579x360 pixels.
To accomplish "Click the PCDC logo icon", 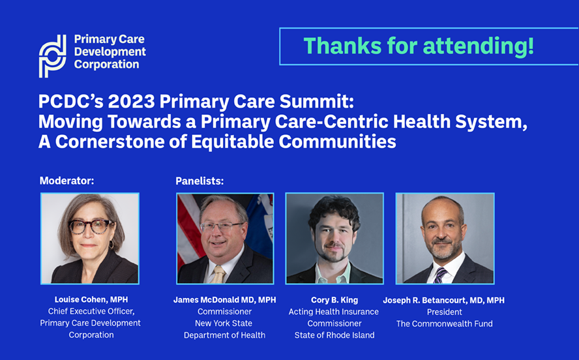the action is (53, 55).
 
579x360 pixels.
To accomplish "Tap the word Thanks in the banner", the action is (342, 46).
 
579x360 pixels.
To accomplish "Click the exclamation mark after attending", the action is (531, 46).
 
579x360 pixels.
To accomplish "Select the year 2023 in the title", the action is (131, 101).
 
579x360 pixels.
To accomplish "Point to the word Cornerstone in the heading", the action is (110, 142).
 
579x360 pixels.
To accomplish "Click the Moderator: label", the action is (67, 181).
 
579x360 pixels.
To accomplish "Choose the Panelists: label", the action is (200, 181).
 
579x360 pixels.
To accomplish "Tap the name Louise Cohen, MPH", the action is (91, 299).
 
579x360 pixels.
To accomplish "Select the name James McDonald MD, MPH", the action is (224, 300).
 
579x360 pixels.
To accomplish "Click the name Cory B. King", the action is (334, 300).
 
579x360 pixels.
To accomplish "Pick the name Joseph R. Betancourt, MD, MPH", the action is (443, 300).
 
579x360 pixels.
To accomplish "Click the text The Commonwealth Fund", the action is (444, 324).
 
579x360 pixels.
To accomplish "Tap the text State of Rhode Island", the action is (334, 335).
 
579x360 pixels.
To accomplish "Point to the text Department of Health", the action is (224, 335).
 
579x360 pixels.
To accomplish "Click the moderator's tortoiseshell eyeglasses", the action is (91, 226).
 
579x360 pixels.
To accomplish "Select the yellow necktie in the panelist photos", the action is (218, 275).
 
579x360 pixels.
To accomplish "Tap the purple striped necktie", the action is (440, 275).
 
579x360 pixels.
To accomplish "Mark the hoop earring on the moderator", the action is (111, 245).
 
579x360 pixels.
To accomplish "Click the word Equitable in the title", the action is (234, 142).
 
